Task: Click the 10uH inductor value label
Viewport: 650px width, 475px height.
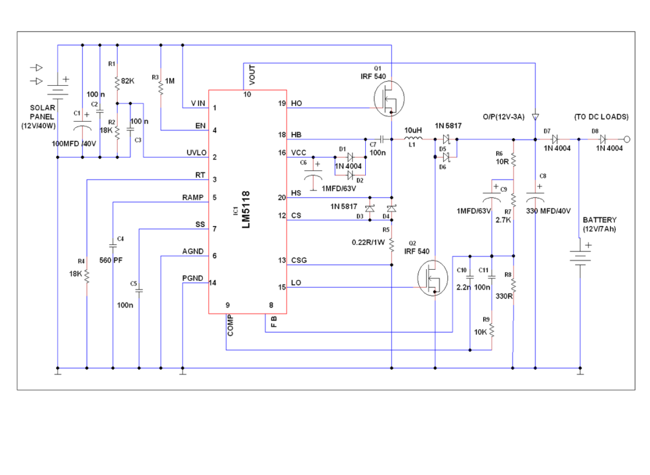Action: click(413, 130)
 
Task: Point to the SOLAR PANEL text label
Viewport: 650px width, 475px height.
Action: click(42, 116)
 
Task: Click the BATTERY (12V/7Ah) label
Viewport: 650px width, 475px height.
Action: click(599, 224)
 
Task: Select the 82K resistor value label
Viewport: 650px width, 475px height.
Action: click(128, 80)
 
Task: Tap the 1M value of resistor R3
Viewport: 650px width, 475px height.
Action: click(170, 80)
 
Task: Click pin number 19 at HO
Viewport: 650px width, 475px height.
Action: click(281, 104)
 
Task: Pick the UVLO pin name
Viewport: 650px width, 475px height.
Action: click(197, 152)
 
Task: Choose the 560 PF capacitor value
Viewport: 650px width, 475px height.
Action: click(111, 259)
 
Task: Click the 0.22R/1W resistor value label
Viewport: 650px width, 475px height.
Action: click(369, 242)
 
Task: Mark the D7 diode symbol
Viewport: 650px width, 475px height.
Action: click(554, 139)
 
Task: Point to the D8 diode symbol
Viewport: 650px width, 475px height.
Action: click(602, 139)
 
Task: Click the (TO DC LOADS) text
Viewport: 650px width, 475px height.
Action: click(601, 116)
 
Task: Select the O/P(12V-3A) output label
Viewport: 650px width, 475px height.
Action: click(503, 116)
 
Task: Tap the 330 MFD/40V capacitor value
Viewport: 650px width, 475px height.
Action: click(548, 211)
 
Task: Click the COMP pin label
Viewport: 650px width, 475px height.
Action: click(230, 325)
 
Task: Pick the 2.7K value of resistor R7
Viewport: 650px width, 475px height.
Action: click(503, 220)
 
